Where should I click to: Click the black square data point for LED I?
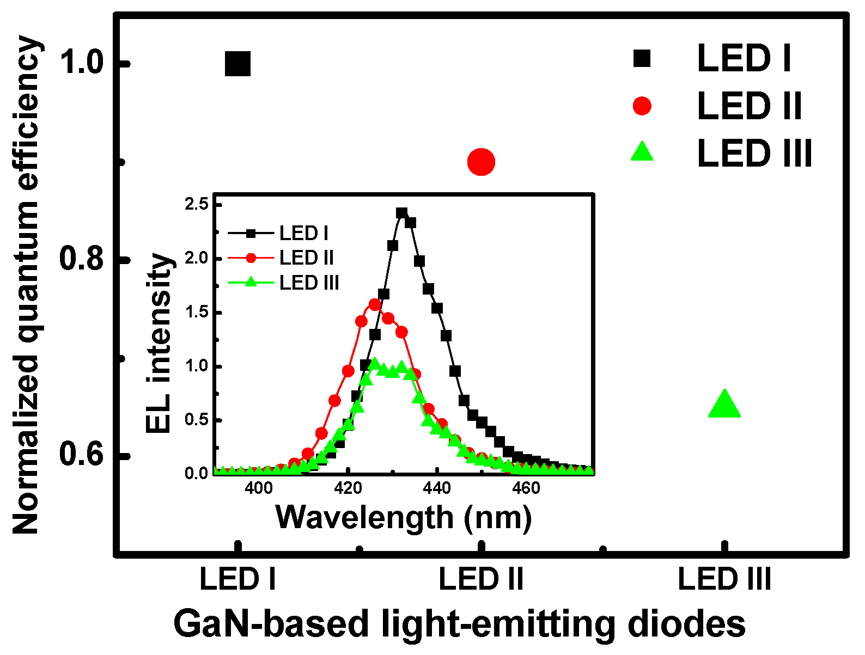click(238, 64)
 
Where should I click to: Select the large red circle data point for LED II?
click(481, 162)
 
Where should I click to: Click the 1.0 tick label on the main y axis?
click(82, 62)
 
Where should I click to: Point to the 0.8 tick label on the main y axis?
click(82, 259)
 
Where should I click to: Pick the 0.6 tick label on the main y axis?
click(82, 455)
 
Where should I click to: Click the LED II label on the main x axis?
click(481, 579)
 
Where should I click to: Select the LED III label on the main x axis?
click(724, 579)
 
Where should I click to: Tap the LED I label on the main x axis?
click(238, 579)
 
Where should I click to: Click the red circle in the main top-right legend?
click(642, 106)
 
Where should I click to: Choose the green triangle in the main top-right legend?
click(642, 152)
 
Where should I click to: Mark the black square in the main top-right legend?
click(642, 58)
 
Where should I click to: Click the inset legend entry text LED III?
click(309, 283)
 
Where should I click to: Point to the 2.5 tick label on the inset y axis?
click(196, 205)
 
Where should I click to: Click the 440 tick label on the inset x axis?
click(437, 488)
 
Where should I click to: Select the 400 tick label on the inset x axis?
click(259, 488)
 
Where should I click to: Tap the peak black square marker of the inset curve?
click(401, 213)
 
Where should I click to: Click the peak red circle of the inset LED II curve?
click(375, 304)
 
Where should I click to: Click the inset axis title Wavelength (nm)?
click(404, 517)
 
